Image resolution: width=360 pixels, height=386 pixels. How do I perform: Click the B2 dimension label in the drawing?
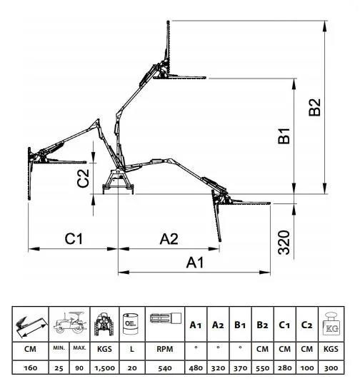click(315, 107)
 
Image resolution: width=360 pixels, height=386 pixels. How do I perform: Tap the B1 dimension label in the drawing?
click(284, 136)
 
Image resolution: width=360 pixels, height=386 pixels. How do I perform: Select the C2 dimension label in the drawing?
click(83, 178)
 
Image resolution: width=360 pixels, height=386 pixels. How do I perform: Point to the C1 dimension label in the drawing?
click(74, 238)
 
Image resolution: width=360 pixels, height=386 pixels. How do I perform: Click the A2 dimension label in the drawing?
click(169, 239)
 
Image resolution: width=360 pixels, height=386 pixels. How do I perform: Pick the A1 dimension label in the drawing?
click(195, 263)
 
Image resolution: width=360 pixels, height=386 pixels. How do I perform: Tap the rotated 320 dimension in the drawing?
click(284, 243)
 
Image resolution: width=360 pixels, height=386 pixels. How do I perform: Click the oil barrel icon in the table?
click(131, 324)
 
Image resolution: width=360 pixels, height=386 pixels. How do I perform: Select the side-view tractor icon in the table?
click(69, 322)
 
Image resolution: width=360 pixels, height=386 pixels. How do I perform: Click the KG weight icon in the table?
click(331, 324)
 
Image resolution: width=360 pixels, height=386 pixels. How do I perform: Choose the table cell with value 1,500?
click(104, 368)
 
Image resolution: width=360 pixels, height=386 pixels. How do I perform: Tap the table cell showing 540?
click(165, 368)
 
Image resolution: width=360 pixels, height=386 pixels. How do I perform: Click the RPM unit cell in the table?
click(165, 349)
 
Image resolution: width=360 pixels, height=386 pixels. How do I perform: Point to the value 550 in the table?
click(262, 368)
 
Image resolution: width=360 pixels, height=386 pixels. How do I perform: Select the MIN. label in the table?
click(59, 348)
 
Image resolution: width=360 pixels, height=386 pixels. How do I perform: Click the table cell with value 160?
click(30, 368)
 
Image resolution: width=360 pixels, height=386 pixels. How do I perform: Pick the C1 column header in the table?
click(284, 325)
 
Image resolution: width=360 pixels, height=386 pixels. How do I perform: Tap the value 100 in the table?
click(307, 368)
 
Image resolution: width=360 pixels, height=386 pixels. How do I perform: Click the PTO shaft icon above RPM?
click(166, 318)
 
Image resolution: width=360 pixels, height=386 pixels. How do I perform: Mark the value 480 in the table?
click(196, 368)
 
